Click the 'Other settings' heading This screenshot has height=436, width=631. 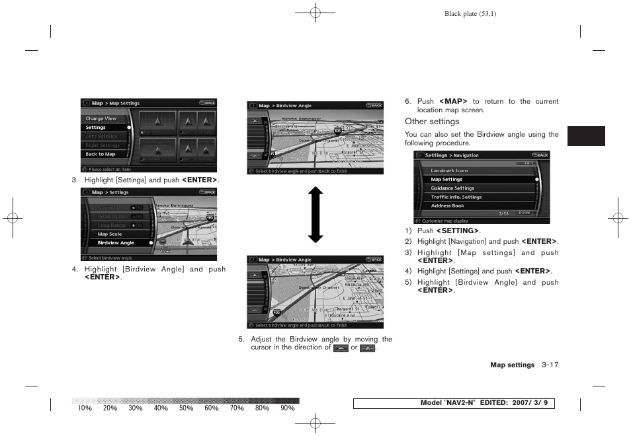pyautogui.click(x=432, y=122)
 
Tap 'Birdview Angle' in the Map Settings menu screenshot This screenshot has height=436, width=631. pyautogui.click(x=116, y=243)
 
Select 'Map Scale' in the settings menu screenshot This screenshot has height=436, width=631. pyautogui.click(x=110, y=234)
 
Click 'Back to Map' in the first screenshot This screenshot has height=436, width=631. pyautogui.click(x=101, y=154)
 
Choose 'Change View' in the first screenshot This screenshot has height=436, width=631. pyautogui.click(x=101, y=119)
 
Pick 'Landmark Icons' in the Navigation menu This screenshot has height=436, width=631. pyautogui.click(x=449, y=170)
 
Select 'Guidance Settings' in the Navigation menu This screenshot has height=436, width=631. pyautogui.click(x=452, y=188)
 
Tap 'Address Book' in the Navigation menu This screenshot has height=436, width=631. pyautogui.click(x=448, y=206)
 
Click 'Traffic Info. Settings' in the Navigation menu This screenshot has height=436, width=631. pyautogui.click(x=456, y=197)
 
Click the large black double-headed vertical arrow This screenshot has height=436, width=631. pyautogui.click(x=315, y=214)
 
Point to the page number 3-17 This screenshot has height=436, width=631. pyautogui.click(x=550, y=365)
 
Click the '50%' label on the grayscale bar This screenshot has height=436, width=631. pyautogui.click(x=186, y=408)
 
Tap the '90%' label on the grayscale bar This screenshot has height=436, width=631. pyautogui.click(x=287, y=408)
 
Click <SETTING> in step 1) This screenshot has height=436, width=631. pyautogui.click(x=457, y=231)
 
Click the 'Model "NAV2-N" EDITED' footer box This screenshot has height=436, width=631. pyautogui.click(x=454, y=404)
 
